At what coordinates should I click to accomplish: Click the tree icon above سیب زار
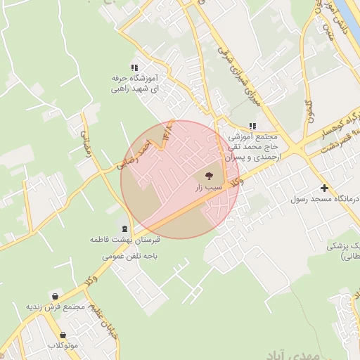(208, 176)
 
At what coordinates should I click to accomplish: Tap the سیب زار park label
(208, 188)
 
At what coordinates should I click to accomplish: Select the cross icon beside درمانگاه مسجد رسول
(324, 188)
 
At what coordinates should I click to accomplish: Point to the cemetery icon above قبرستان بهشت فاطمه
(126, 229)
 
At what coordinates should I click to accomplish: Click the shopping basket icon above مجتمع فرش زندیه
(56, 295)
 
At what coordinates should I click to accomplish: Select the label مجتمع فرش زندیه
(56, 307)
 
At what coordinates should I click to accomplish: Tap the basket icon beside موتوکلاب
(63, 335)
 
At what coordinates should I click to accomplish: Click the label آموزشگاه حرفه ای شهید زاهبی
(134, 84)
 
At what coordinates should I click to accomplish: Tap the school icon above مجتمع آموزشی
(252, 125)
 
